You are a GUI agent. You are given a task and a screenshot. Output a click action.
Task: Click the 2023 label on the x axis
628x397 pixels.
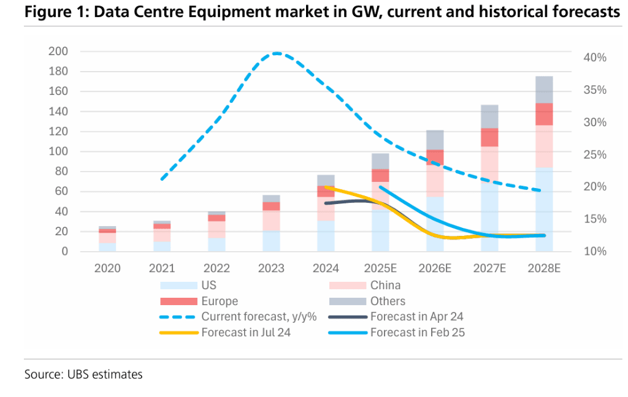272,268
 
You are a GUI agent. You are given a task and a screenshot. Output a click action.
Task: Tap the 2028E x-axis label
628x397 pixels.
544,268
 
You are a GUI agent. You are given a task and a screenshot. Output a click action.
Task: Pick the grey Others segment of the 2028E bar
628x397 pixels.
544,89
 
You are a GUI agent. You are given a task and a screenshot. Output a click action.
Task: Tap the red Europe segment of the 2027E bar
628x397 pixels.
489,137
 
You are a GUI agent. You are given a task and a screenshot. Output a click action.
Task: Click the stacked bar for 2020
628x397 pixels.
107,238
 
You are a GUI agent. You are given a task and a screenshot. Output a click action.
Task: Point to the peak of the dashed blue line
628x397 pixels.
277,53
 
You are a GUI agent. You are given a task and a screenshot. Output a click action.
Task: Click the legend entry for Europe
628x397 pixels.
219,301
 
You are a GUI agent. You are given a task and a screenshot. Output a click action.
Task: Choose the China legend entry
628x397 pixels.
385,285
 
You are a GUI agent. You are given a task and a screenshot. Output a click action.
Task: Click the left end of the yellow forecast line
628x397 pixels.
326,187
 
